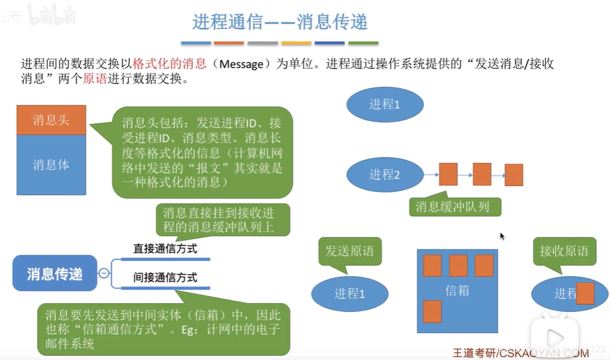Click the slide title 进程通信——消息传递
[x=280, y=22]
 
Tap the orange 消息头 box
[x=52, y=120]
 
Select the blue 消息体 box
[x=52, y=165]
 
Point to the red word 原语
[x=95, y=79]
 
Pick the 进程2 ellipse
[x=385, y=175]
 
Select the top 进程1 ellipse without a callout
[x=385, y=105]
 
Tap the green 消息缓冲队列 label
[x=455, y=206]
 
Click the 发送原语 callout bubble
[x=350, y=251]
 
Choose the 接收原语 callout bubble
[x=564, y=251]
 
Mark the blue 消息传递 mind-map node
[x=54, y=274]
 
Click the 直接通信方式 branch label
[x=165, y=249]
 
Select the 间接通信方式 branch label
[x=165, y=278]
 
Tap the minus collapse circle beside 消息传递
[x=104, y=274]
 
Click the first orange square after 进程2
[x=449, y=175]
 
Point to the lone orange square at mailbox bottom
[x=432, y=311]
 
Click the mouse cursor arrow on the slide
[x=502, y=236]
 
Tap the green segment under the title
[x=363, y=43]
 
